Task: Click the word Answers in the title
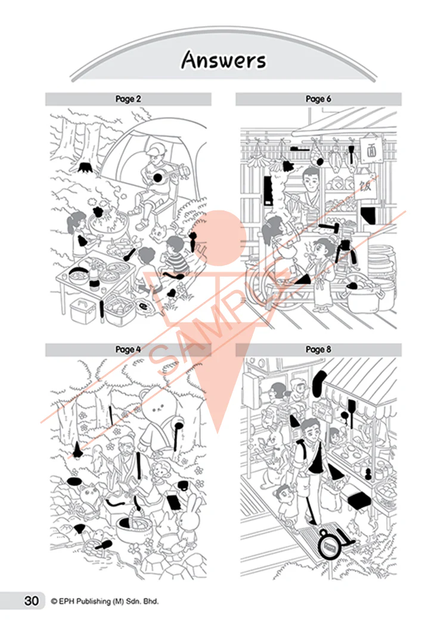pyautogui.click(x=223, y=61)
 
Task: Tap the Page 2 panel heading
pyautogui.click(x=128, y=99)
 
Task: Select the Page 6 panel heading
pyautogui.click(x=318, y=99)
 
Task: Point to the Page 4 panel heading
pyautogui.click(x=128, y=349)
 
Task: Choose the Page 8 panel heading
pyautogui.click(x=318, y=349)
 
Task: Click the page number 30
pyautogui.click(x=31, y=601)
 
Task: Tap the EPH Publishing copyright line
pyautogui.click(x=105, y=601)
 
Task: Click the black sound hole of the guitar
pyautogui.click(x=158, y=177)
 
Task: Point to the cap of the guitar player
pyautogui.click(x=156, y=150)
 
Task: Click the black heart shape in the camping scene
pyautogui.click(x=172, y=293)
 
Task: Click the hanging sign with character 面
pyautogui.click(x=371, y=150)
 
